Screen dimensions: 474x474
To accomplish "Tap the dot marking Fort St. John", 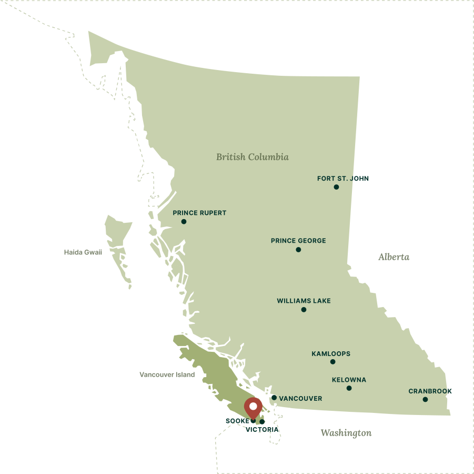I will (x=336, y=187).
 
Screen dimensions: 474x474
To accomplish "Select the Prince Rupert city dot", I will (x=184, y=221).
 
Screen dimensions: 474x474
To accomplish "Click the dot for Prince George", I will (x=298, y=249).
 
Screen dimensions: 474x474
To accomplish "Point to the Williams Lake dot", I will (x=304, y=309).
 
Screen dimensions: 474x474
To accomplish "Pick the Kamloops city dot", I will (x=332, y=361).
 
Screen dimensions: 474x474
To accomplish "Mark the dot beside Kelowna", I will (x=349, y=388).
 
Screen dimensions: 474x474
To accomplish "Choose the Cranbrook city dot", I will (x=425, y=399).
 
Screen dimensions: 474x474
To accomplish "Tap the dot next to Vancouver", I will (x=274, y=398).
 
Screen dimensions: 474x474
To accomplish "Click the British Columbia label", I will (x=252, y=157).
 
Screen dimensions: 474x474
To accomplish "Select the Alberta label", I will (x=394, y=257).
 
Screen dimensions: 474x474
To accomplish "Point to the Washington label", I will (x=346, y=433).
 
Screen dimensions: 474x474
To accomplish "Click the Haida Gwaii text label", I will (x=83, y=252).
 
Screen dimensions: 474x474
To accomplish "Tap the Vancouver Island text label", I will (x=167, y=374).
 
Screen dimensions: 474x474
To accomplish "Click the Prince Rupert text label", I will (x=199, y=213).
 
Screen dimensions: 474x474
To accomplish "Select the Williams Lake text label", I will (x=304, y=301).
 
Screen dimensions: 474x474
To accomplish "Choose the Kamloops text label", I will (x=330, y=353).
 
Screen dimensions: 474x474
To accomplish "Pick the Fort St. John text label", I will (x=342, y=179).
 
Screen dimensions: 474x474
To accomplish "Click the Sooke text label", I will (x=238, y=421).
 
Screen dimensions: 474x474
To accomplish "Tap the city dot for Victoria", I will (x=262, y=421).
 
